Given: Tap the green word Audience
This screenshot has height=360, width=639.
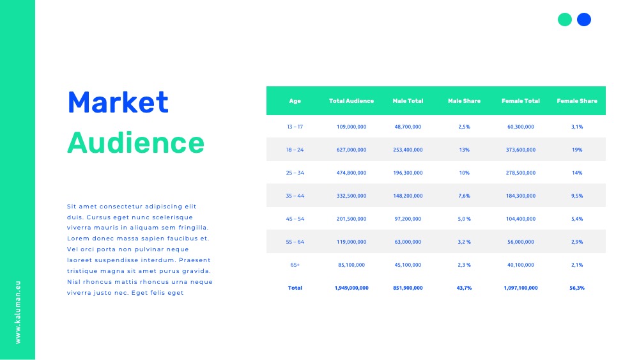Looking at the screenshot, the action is click(135, 143).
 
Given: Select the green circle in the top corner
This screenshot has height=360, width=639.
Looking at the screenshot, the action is click(564, 20).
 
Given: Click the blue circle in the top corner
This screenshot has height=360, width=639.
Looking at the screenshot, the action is click(584, 20).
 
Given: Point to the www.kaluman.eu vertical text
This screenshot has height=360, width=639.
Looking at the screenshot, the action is click(17, 312).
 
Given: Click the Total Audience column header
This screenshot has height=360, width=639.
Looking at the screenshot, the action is click(351, 100).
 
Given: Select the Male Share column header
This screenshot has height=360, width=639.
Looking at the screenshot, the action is click(464, 100).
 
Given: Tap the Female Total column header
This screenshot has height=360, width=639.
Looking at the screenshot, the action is click(520, 100).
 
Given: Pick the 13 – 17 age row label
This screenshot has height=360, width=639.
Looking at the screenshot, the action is click(295, 127).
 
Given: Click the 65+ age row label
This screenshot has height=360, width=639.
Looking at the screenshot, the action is click(295, 265).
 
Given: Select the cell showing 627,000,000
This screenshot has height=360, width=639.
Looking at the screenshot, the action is click(351, 150).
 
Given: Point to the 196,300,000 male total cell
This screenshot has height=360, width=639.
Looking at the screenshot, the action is click(408, 173).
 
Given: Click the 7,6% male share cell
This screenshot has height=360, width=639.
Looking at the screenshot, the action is click(464, 196).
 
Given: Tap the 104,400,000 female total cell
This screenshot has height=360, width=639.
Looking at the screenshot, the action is click(520, 219).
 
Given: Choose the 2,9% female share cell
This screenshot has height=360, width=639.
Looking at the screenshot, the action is click(577, 242).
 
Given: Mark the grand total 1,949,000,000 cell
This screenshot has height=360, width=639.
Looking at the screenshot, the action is click(351, 288).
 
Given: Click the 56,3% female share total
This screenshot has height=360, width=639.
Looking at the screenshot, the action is click(577, 288).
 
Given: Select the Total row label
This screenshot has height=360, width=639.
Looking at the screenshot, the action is click(295, 288).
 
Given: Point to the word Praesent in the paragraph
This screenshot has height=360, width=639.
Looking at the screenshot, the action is click(195, 260).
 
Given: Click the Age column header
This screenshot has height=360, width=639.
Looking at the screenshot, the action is click(295, 101).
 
